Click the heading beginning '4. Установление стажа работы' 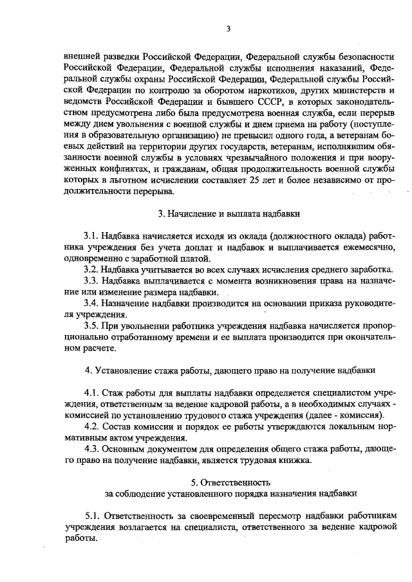230,370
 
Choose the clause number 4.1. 93,392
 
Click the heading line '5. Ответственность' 230,482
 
